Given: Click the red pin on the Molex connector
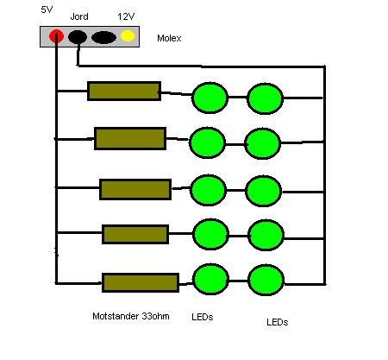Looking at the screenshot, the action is click(56, 36).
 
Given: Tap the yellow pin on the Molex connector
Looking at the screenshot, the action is click(128, 36).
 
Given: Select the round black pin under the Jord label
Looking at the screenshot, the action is click(78, 37).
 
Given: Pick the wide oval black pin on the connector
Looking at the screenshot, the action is click(103, 37).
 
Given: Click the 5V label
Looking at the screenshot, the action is click(47, 9).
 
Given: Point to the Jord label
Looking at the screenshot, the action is click(79, 16).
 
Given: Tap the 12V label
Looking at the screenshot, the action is click(126, 16).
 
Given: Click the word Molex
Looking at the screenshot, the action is click(169, 38).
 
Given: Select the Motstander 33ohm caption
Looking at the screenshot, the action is click(131, 316).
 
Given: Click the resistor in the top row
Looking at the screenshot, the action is click(124, 91).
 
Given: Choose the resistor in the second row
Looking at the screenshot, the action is click(130, 138).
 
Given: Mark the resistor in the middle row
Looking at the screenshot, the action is click(135, 189).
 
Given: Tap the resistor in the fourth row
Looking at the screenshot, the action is click(135, 235).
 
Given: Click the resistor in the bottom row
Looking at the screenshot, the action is click(141, 282).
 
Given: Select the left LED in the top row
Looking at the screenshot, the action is click(210, 98).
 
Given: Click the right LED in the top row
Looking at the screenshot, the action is click(265, 98).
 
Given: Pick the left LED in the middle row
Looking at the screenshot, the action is click(208, 190).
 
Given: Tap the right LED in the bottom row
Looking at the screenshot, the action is click(266, 280).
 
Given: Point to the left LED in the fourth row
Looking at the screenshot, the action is click(210, 234).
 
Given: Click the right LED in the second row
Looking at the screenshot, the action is click(262, 143).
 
